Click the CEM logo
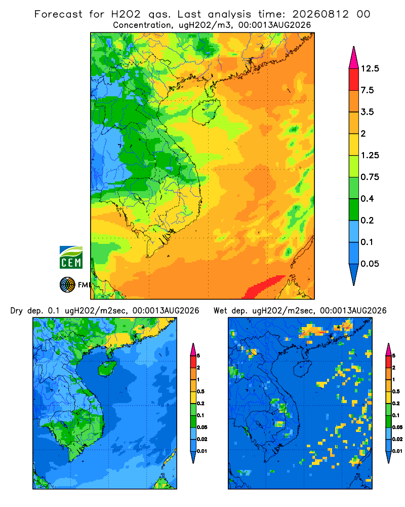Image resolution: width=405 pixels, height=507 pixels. coord(71,257)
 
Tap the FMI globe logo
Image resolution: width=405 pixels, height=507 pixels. coord(67,285)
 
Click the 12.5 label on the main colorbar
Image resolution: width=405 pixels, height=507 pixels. coord(370,68)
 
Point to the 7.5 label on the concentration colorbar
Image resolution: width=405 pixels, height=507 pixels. coord(367,90)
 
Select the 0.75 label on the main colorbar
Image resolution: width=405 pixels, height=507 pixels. coord(370,177)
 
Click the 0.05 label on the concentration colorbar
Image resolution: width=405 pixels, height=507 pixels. coord(370,264)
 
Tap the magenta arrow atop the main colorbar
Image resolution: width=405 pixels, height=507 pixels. coord(354,57)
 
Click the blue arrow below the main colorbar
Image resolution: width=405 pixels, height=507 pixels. coord(354,275)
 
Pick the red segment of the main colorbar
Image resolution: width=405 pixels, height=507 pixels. coord(354,80)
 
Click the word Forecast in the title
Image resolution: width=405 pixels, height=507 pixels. coord(58,14)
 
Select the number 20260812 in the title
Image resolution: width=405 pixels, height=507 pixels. coord(320,14)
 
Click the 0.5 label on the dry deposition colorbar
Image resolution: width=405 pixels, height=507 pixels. coord(200,391)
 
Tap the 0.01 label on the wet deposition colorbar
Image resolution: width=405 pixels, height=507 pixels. coord(397,451)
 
